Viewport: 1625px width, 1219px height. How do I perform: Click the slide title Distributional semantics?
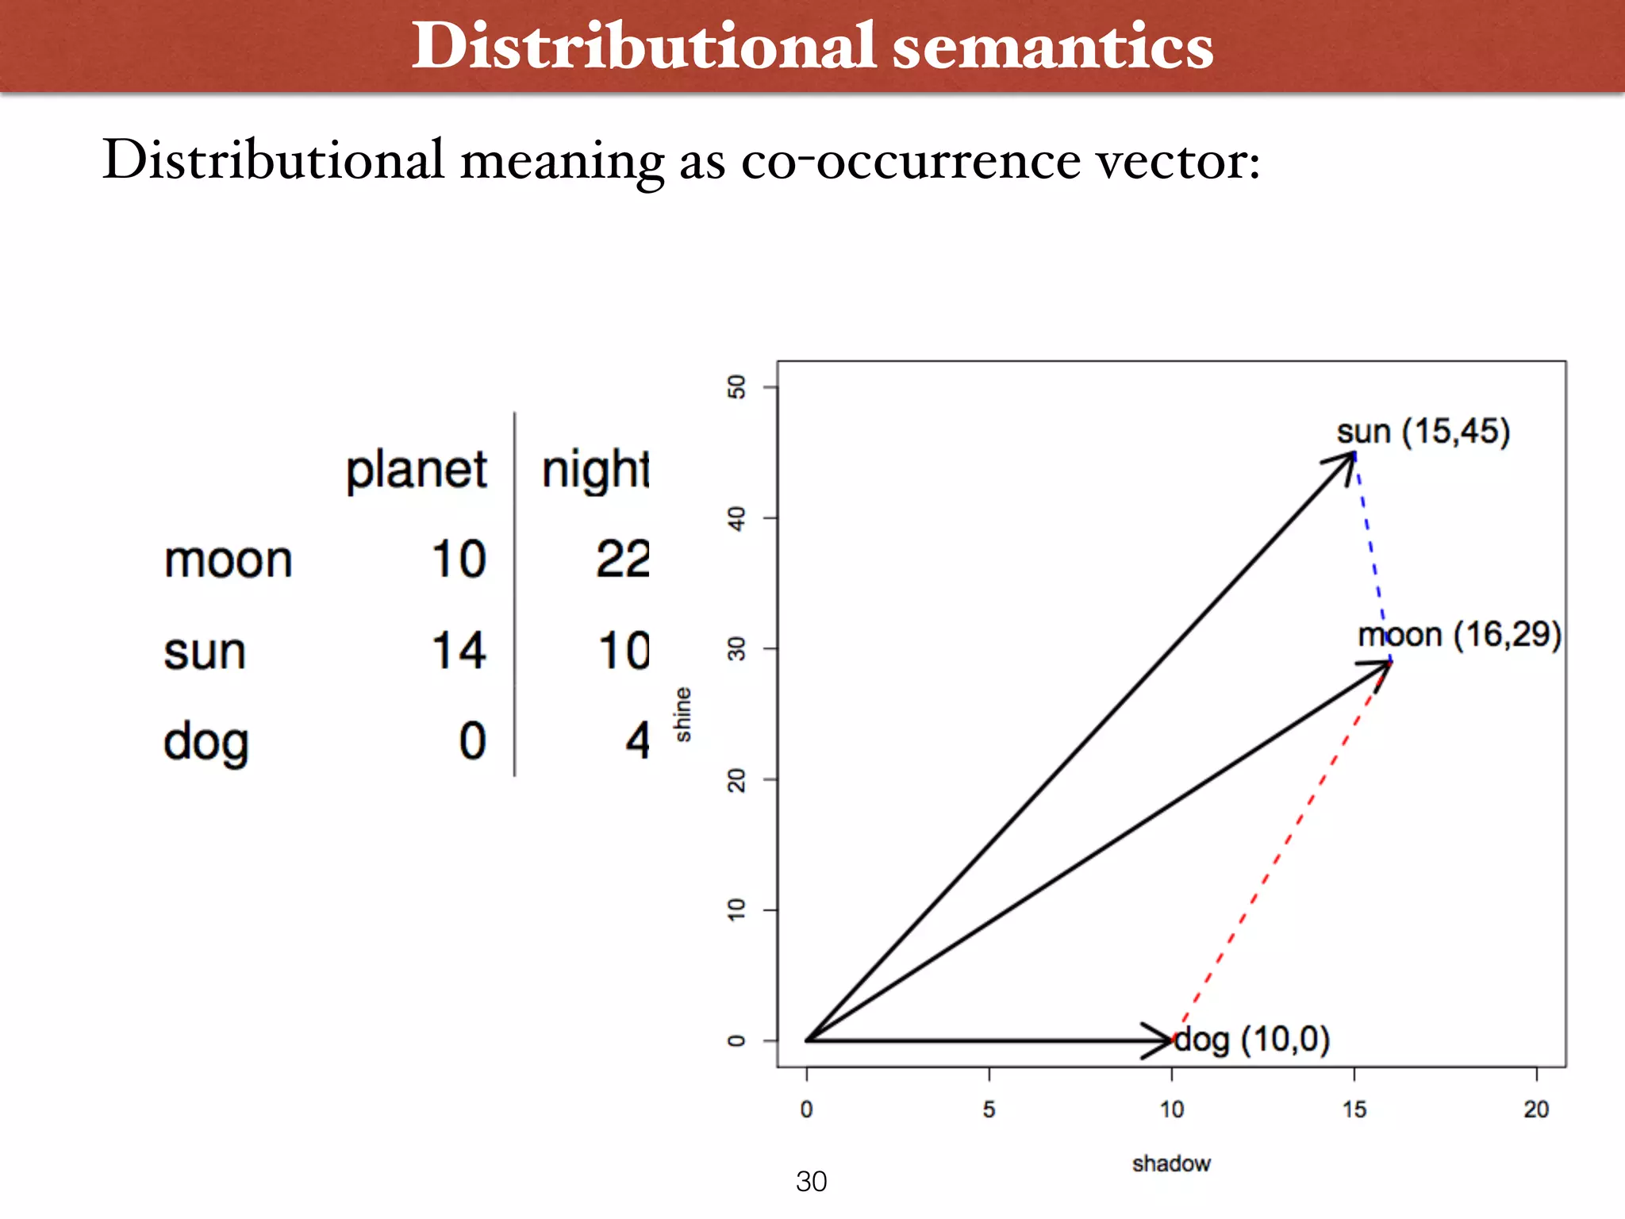pos(812,46)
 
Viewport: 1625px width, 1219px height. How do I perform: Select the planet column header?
pos(416,471)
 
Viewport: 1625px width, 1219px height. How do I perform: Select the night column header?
pos(595,471)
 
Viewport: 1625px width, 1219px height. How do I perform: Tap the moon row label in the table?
pos(229,560)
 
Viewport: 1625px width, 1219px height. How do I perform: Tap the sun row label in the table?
pos(205,652)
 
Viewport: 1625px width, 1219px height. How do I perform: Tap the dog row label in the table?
pos(206,743)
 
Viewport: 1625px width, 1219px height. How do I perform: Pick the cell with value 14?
pos(458,651)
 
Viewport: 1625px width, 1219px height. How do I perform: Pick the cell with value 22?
pos(623,560)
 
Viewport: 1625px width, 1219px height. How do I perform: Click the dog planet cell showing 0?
pos(473,741)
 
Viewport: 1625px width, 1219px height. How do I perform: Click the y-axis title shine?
pos(682,714)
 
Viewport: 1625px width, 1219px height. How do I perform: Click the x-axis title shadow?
pos(1171,1163)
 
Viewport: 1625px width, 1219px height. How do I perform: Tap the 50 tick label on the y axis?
pos(736,387)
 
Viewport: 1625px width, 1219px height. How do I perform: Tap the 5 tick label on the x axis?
pos(989,1109)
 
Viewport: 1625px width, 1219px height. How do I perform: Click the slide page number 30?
pos(811,1182)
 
